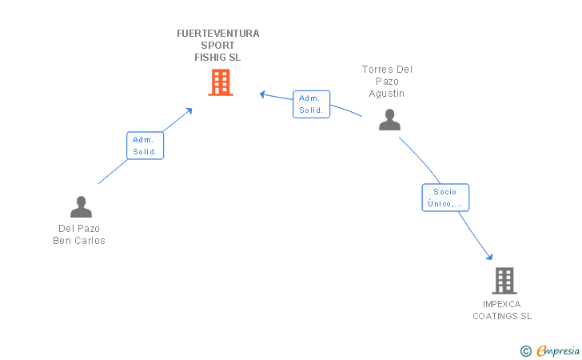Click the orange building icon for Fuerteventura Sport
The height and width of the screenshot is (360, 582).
tap(221, 82)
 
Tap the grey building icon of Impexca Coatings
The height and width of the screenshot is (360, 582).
tap(504, 281)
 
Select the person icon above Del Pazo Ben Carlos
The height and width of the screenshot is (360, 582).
tap(81, 207)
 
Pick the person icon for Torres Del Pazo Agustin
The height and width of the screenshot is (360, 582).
tap(389, 119)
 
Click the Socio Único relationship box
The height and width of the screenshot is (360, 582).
tap(445, 198)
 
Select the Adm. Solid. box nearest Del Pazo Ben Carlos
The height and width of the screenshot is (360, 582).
tap(145, 146)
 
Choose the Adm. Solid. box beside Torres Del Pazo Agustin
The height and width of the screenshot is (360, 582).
tap(311, 104)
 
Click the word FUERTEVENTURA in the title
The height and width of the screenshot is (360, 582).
tap(218, 34)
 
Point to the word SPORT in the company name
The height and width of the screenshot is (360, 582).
tap(218, 46)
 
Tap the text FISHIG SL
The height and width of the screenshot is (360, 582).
tap(217, 58)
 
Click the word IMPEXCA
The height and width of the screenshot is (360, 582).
tap(502, 304)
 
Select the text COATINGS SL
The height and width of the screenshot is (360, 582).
tap(502, 316)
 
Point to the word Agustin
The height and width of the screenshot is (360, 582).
tap(387, 93)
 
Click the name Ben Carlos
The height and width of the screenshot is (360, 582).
tap(79, 240)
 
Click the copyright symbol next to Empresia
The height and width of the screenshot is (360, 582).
tap(526, 350)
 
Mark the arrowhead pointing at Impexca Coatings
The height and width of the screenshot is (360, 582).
tap(489, 257)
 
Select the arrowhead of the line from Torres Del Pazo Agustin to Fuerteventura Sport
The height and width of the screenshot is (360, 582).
tap(262, 94)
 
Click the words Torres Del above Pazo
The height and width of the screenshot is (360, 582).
tap(387, 69)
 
